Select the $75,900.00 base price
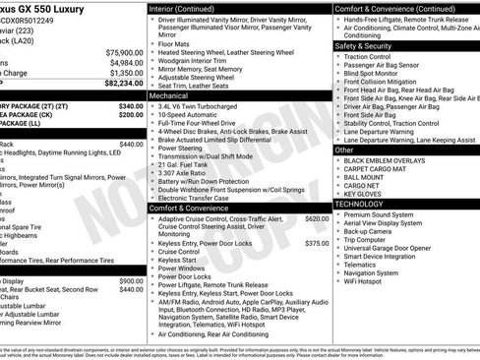click(x=123, y=52)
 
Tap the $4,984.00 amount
click(x=125, y=63)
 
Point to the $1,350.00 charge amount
click(x=125, y=73)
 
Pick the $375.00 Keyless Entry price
click(x=317, y=243)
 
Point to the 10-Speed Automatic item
click(x=196, y=120)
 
